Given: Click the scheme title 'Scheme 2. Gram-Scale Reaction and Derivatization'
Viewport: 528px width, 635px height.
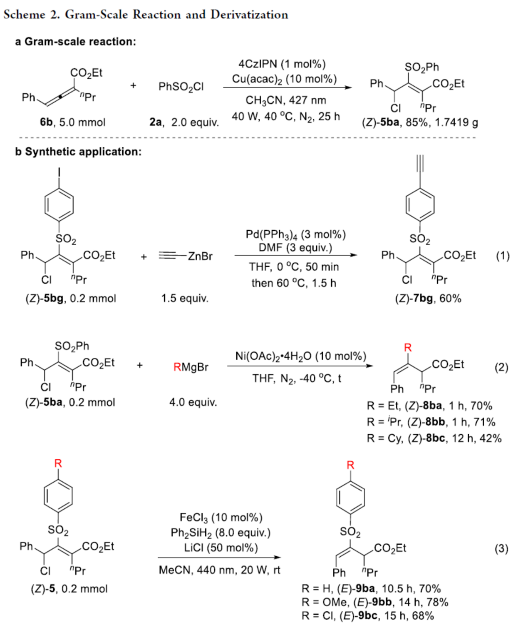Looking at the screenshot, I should pos(146,15).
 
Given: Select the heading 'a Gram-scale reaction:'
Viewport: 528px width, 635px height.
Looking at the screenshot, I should pos(76,42).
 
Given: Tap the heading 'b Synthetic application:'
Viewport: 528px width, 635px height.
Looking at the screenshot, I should pos(78,152).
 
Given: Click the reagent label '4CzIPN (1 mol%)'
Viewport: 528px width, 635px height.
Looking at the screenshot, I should pos(282,64).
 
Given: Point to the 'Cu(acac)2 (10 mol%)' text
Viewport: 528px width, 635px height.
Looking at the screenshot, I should pos(284,79).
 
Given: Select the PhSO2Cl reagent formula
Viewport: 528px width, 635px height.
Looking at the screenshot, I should pos(181,87).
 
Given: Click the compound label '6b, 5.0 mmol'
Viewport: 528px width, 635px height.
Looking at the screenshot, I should pos(72,122).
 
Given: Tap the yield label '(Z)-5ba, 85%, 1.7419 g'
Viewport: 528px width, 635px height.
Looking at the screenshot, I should pos(420,122).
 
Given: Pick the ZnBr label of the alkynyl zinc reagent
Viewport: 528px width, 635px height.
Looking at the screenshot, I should pos(200,256).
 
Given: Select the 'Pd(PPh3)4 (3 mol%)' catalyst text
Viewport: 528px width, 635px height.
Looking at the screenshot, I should pos(295,234).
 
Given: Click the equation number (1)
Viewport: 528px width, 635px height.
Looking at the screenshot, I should pos(503,255).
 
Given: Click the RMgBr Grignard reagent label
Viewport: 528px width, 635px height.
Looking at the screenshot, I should pos(191,367).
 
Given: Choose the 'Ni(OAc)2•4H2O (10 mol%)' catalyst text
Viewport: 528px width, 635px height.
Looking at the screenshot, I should pos(300,356).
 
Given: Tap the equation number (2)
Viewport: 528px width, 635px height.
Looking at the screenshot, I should pos(501,367).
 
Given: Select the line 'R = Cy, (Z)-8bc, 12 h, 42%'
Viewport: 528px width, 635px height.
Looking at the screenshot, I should pos(434,438).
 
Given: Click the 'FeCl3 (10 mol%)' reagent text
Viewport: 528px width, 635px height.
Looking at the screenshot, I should pos(221,517).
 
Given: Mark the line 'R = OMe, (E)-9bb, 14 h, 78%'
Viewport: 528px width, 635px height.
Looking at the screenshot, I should pos(375,602).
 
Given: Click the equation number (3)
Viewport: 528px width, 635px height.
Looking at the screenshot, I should pos(501,548).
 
